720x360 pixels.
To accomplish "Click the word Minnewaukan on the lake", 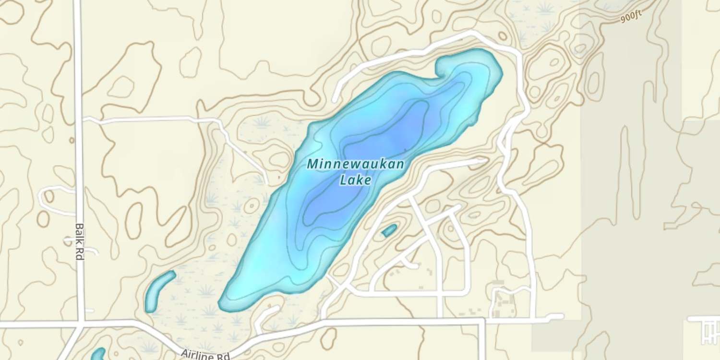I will coord(355,164).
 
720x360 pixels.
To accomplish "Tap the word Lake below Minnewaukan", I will coord(355,180).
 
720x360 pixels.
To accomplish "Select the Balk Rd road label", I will coord(80,241).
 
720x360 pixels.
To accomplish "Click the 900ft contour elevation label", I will coord(630,17).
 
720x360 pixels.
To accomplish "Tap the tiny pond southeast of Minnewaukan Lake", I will coord(389,230).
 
